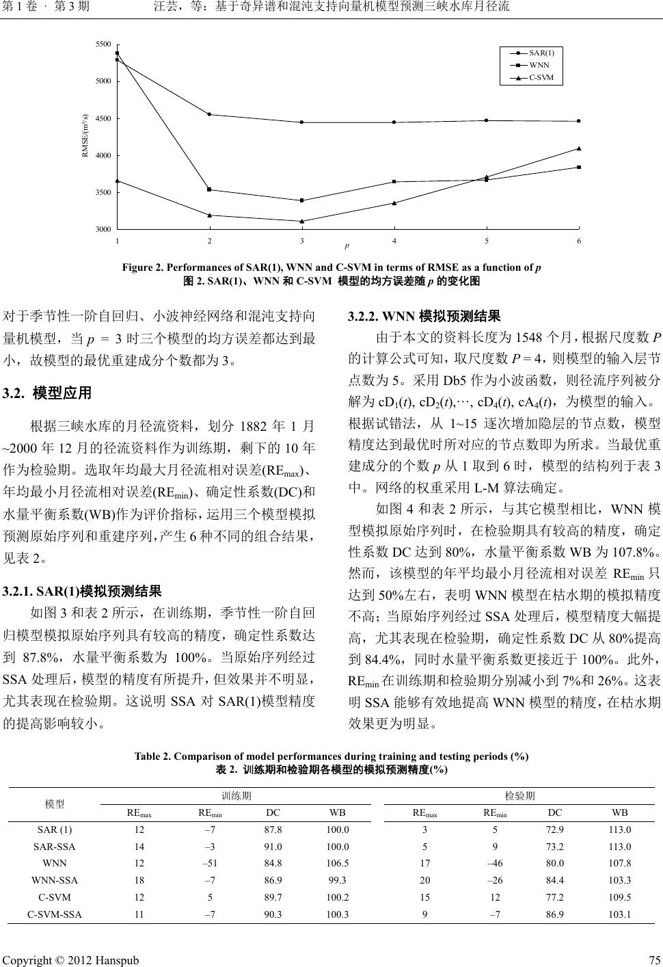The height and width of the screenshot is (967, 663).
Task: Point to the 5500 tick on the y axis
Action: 103,44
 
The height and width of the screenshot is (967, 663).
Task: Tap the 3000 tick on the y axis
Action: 103,229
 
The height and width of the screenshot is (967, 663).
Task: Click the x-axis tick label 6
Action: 579,241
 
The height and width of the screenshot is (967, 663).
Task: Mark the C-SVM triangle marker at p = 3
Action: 301,221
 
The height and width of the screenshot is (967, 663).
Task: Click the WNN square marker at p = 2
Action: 209,189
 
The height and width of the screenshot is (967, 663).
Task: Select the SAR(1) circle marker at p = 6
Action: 579,121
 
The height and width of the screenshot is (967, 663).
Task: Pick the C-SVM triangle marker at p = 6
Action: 579,148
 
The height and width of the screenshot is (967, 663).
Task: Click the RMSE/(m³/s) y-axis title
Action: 85,135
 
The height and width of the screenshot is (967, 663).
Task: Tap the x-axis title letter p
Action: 347,245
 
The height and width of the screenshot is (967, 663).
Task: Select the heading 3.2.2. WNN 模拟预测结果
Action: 424,316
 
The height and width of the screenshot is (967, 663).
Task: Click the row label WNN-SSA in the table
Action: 55,879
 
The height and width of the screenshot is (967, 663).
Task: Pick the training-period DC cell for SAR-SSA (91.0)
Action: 273,846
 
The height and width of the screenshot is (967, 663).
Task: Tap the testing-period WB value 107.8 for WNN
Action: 619,863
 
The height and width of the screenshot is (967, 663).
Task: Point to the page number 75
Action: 653,959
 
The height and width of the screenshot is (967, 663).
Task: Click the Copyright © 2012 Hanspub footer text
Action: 71,959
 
